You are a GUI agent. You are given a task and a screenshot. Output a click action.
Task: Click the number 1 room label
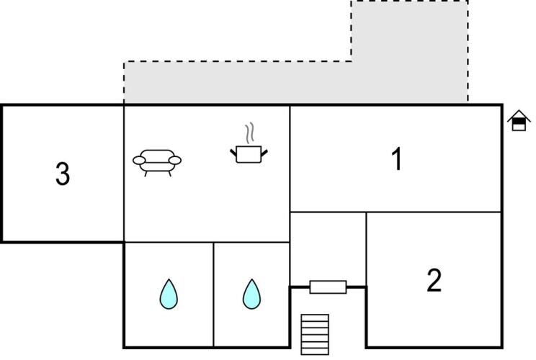point(396,160)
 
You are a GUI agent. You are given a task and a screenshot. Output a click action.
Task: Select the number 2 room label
point(433,281)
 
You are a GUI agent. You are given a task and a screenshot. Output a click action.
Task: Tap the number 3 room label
point(63,174)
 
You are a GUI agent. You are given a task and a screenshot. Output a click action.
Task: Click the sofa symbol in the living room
point(157,161)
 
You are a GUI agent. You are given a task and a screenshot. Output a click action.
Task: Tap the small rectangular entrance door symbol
point(328,287)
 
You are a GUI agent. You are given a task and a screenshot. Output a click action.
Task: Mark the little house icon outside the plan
point(517,121)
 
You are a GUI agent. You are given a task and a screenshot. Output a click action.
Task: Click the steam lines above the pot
point(250,133)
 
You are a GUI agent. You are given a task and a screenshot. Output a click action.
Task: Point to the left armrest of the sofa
point(139,160)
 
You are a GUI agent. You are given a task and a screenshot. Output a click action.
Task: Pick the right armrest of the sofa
point(175,160)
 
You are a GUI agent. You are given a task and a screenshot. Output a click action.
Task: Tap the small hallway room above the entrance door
point(328,245)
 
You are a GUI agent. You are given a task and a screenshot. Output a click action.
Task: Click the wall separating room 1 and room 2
point(432,212)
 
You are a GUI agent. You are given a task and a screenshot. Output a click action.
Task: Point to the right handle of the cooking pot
point(265,151)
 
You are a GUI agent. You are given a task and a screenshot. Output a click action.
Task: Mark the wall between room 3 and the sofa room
point(125,173)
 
